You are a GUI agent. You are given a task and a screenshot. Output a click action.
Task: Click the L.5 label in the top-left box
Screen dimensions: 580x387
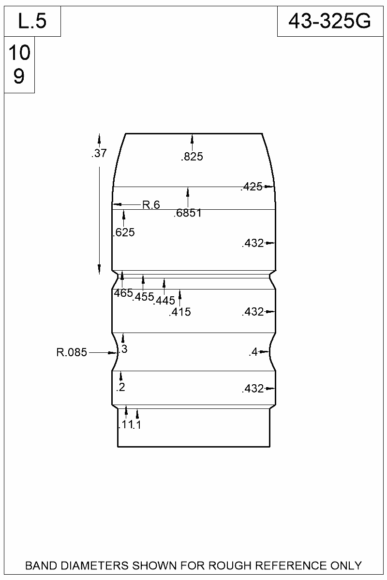tap(32, 21)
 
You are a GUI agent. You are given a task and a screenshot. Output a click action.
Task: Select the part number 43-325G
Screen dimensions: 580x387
tap(329, 21)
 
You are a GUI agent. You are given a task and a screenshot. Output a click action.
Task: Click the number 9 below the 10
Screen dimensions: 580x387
tap(19, 76)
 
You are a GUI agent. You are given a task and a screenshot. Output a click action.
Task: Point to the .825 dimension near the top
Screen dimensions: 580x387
tap(192, 157)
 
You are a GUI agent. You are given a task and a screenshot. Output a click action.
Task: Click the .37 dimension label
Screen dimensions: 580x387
tap(99, 154)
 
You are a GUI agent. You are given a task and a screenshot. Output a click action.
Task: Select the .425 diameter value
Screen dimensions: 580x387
tap(252, 187)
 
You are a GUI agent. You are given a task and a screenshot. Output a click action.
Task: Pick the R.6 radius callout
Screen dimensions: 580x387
tap(151, 205)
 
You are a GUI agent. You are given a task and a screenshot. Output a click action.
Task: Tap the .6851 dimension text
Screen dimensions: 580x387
tap(188, 214)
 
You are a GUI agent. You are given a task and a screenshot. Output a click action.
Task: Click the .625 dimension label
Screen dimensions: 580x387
tap(123, 233)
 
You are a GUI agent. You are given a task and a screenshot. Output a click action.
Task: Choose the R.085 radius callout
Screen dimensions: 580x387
tap(72, 353)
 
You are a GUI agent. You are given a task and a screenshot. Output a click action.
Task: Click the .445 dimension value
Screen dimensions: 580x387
tap(164, 301)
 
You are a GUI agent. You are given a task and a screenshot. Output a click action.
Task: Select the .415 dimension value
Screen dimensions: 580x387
tap(180, 312)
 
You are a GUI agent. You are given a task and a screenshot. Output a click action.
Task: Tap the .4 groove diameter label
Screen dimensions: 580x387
tap(253, 352)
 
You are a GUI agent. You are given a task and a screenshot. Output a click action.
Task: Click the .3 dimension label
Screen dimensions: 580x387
tap(123, 349)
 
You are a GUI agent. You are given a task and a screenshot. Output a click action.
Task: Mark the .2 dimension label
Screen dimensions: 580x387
tap(120, 387)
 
